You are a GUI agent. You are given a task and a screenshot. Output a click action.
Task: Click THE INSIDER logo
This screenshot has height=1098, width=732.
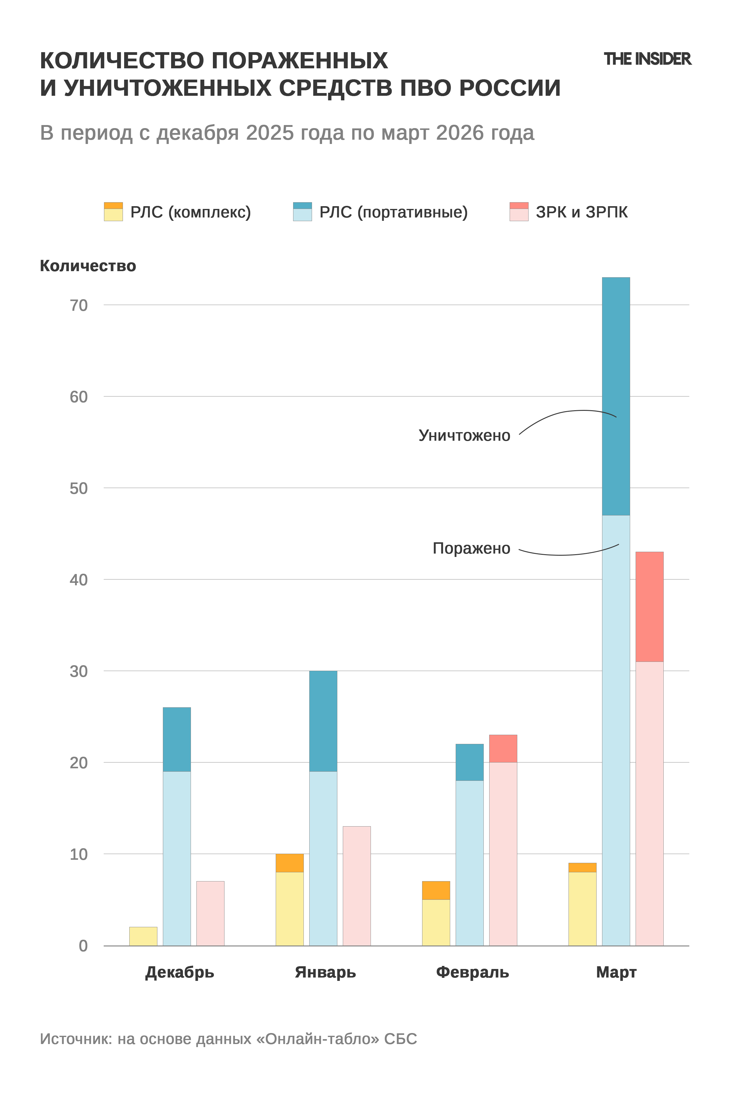click(x=648, y=59)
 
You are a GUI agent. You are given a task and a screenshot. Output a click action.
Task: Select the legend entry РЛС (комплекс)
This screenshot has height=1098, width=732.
click(x=178, y=212)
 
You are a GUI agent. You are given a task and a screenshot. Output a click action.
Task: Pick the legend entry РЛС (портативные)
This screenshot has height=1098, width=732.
click(x=380, y=212)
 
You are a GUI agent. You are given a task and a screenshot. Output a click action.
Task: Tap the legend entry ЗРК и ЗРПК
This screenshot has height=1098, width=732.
click(x=569, y=212)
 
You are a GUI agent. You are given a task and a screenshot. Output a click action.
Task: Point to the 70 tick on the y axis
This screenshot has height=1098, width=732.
click(x=78, y=305)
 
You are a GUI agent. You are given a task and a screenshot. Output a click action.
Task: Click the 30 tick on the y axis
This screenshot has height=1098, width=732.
click(x=78, y=671)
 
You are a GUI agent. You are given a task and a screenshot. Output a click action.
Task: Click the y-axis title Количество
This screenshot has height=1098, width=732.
click(x=88, y=266)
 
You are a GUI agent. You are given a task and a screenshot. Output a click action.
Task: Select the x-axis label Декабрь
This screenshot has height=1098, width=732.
click(x=180, y=972)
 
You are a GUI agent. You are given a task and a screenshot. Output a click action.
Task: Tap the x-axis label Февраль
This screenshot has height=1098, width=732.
click(x=472, y=972)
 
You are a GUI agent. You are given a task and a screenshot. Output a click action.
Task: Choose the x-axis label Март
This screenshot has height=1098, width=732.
click(x=616, y=972)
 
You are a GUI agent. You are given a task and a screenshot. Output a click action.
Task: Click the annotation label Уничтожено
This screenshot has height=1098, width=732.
click(x=465, y=436)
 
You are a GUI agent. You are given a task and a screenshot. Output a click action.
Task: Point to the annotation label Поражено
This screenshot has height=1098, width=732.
click(x=472, y=548)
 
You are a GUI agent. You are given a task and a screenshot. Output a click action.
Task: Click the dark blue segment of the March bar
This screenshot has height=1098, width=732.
click(x=616, y=396)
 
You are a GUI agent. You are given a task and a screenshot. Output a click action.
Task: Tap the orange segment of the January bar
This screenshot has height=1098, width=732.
click(x=289, y=863)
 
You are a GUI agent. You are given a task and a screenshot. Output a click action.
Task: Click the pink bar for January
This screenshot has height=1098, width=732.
click(x=357, y=886)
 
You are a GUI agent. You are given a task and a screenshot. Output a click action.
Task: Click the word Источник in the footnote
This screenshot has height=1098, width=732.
click(x=76, y=1039)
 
